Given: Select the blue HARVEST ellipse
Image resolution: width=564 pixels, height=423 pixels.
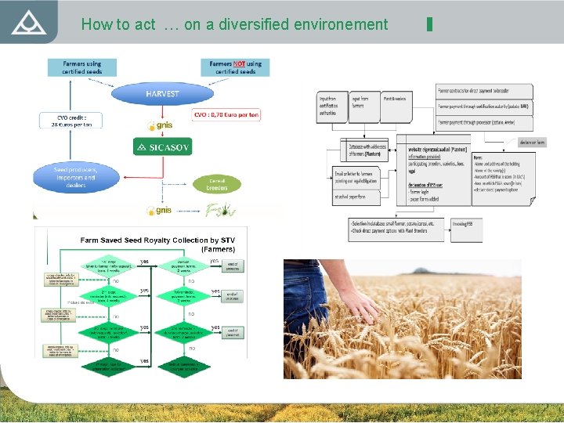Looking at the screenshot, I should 162,94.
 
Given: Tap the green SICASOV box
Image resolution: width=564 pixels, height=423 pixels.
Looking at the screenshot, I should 162,146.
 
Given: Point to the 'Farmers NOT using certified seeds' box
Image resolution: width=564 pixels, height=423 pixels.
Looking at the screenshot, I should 236,67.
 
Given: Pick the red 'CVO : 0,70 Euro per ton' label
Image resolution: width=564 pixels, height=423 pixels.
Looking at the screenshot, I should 226,115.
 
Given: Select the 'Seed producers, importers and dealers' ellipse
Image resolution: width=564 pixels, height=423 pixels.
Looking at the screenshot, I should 75,178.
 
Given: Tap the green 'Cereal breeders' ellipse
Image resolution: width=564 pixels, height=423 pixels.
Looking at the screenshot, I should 217,184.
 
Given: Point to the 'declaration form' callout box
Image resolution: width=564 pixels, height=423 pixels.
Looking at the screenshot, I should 532,143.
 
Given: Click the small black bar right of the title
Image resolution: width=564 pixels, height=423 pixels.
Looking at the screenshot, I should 429,23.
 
